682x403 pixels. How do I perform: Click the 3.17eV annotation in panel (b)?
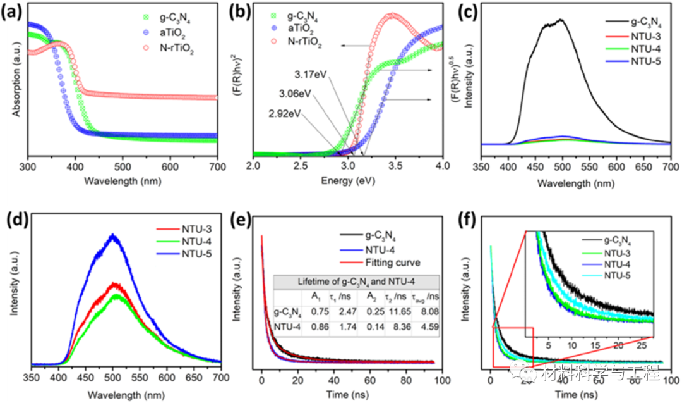[310, 75]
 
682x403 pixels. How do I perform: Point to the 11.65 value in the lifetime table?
[400, 311]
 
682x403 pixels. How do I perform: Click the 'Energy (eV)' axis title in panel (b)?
[349, 181]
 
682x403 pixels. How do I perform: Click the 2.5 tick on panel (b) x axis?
[301, 166]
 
